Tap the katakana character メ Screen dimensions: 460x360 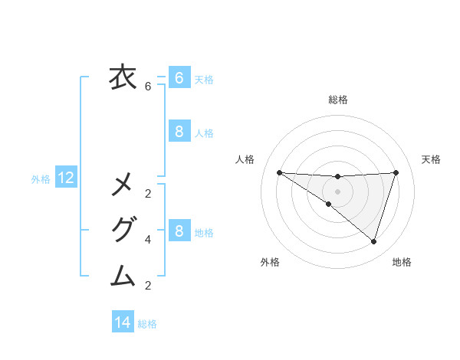[123, 185]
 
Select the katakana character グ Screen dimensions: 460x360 [123, 230]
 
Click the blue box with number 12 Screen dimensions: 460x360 [66, 178]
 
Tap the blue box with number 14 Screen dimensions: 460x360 [123, 322]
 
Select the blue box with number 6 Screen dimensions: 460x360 [179, 77]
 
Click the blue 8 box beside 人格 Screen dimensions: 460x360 [179, 132]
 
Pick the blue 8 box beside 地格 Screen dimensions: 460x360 [179, 231]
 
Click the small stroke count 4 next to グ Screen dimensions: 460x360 [148, 240]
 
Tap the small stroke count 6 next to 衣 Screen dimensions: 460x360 [148, 87]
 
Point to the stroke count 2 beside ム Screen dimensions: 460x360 [148, 286]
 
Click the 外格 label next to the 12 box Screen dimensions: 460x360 [41, 179]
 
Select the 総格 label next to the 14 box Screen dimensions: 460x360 [147, 324]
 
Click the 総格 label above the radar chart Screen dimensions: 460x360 [337, 100]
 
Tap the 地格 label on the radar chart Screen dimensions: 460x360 [402, 262]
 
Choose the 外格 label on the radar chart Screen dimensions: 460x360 [270, 262]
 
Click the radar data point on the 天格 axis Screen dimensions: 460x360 [396, 172]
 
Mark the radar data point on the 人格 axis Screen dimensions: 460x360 [279, 172]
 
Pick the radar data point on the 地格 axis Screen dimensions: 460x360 [373, 241]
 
